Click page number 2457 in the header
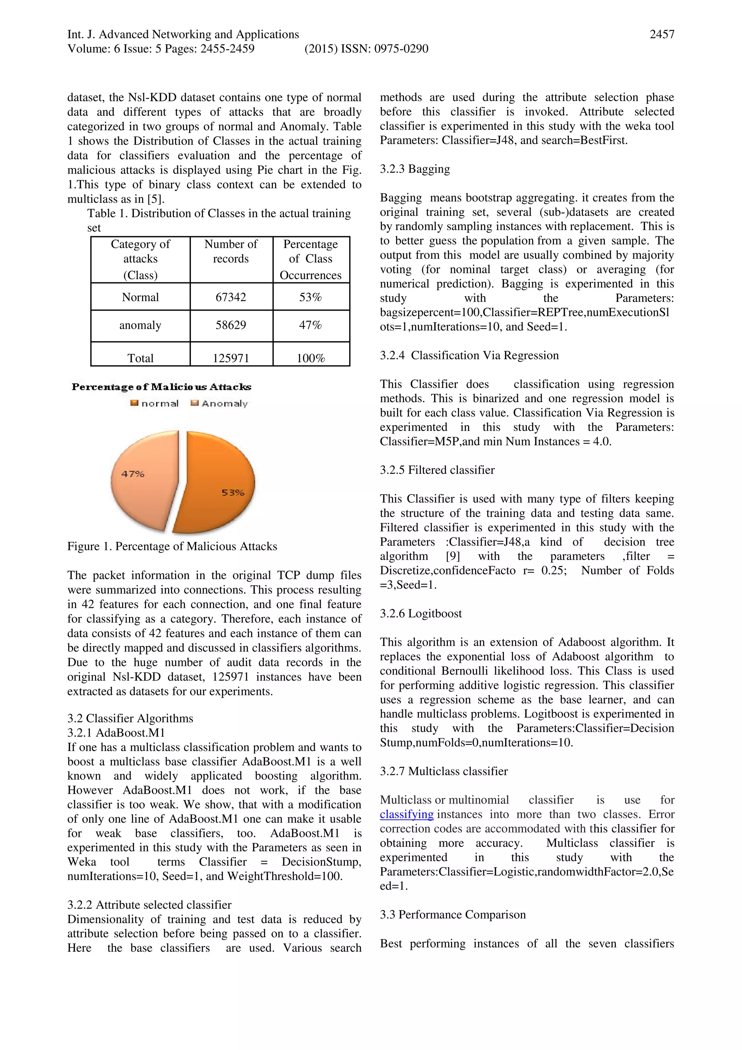(662, 34)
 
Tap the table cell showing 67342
(231, 297)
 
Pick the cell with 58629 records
(231, 325)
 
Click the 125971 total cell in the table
(231, 358)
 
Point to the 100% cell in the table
(310, 358)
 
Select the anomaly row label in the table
(140, 325)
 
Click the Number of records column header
(231, 252)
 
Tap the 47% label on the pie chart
(133, 474)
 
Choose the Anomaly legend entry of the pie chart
(220, 403)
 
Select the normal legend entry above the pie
(155, 403)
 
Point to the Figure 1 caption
(172, 547)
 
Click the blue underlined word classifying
(407, 814)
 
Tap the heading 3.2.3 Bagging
(415, 169)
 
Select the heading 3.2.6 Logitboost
(421, 614)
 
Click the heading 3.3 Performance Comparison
(453, 915)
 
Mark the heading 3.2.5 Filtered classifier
(437, 470)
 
